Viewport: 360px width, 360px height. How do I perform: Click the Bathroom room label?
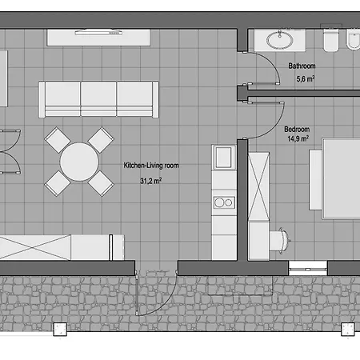302,66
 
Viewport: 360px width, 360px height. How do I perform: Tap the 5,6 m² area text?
306,78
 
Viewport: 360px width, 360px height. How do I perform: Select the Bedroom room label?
297,130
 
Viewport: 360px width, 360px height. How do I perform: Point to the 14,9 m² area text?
298,138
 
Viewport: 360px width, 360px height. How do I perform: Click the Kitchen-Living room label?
151,166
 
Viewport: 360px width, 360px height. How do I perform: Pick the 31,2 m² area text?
150,181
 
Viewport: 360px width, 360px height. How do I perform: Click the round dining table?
79,162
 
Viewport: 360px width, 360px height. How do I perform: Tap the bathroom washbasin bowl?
280,41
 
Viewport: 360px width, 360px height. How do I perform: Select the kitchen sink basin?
223,157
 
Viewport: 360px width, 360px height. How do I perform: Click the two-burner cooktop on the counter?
224,202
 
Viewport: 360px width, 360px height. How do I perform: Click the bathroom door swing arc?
272,63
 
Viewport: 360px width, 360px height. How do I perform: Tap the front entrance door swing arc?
166,304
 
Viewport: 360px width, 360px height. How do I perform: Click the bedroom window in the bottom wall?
308,268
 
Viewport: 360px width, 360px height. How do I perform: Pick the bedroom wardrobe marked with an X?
258,186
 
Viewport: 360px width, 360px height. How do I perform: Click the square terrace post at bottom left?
60,330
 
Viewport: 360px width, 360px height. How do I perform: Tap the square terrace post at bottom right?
348,330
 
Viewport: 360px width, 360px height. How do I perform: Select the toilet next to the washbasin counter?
331,40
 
